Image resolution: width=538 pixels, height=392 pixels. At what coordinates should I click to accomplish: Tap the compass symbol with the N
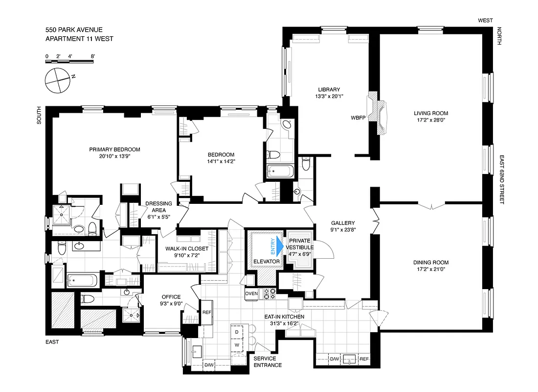pos(58,79)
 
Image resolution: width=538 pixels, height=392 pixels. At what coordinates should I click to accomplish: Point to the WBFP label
pos(358,118)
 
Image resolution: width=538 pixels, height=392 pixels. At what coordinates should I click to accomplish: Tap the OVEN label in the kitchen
pos(251,293)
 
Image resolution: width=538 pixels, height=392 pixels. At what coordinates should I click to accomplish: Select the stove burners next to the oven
pos(269,293)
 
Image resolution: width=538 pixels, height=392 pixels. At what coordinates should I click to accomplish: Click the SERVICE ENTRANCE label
pos(268,362)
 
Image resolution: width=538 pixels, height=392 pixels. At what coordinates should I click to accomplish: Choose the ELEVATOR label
pos(267,262)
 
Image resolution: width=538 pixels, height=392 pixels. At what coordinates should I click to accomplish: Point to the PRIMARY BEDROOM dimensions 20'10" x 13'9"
pos(114,157)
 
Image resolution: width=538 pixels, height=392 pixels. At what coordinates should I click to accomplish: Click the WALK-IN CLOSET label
pos(186,248)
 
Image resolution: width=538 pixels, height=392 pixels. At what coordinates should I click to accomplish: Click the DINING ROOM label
pos(430,262)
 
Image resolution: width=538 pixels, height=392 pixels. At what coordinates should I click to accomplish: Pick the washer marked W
pos(237,344)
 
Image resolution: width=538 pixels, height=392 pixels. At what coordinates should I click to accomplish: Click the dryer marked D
pos(237,332)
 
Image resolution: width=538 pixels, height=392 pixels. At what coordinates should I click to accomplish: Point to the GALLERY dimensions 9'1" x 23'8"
pos(342,230)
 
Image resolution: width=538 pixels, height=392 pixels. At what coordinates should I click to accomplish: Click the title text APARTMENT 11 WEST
pos(79,39)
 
